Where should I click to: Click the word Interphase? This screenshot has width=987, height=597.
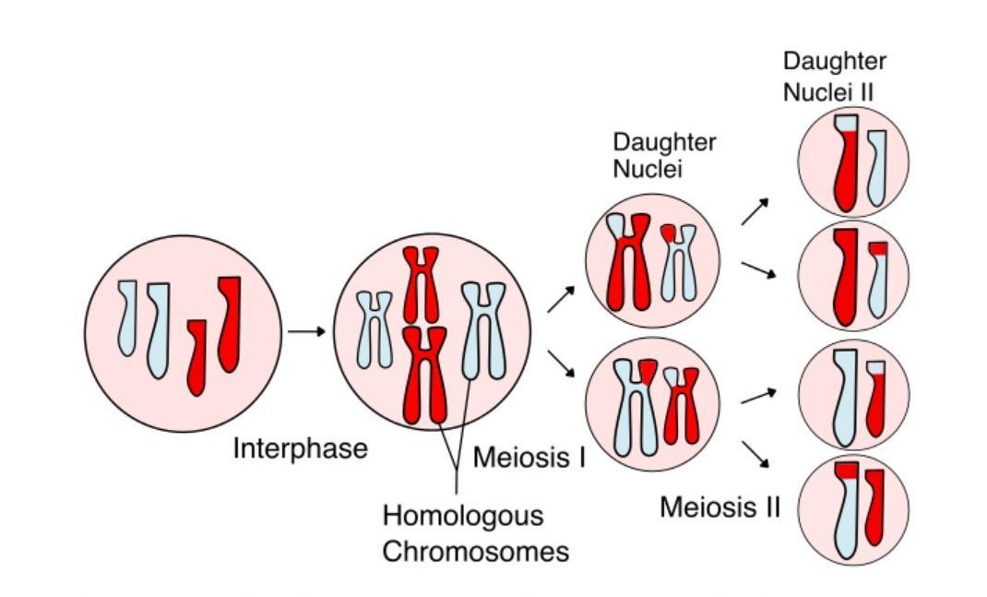(x=300, y=449)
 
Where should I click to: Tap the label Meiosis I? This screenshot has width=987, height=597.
(x=529, y=457)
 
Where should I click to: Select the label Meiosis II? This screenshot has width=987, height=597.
(x=720, y=507)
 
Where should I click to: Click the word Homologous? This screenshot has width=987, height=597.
(x=462, y=515)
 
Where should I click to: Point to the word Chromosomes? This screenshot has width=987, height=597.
(x=475, y=552)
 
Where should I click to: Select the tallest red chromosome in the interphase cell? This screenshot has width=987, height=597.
(x=229, y=323)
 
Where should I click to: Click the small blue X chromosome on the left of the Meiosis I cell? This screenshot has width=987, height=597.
(x=375, y=328)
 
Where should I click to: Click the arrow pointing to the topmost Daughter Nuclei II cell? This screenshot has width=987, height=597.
(x=755, y=211)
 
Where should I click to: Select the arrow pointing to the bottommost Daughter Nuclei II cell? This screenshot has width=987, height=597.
(x=756, y=453)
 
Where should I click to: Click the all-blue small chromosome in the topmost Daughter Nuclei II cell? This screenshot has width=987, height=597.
(x=877, y=167)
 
